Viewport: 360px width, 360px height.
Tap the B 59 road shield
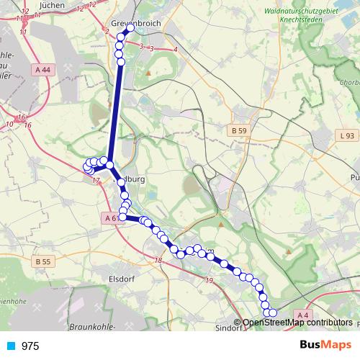239,131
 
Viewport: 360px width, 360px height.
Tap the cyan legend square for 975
12,346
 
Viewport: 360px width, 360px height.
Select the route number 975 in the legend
30,346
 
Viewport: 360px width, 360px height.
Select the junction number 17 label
95,181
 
